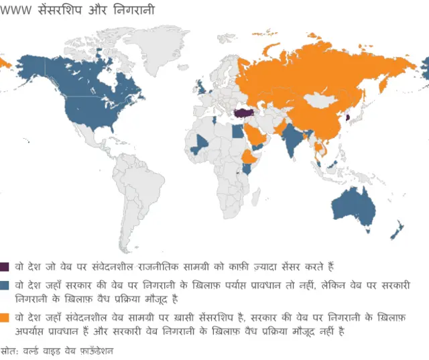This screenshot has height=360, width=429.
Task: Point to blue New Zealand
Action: click(397, 228)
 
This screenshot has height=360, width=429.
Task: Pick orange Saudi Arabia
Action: click(259, 136)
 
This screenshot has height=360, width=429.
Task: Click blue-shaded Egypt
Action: click(239, 132)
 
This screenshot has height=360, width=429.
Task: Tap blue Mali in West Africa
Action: click(199, 143)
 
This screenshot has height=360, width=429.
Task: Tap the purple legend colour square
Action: click(5, 266)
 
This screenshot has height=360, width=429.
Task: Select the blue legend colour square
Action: click(5, 285)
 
